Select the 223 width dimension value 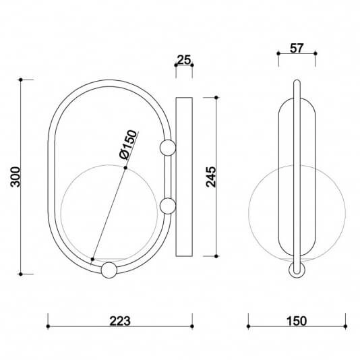pyautogui.click(x=119, y=319)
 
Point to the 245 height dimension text pyautogui.click(x=210, y=177)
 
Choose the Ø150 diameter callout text pyautogui.click(x=128, y=144)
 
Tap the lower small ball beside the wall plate pyautogui.click(x=167, y=206)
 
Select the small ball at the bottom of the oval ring pyautogui.click(x=107, y=271)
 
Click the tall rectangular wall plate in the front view pyautogui.click(x=183, y=177)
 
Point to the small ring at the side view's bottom pyautogui.click(x=297, y=270)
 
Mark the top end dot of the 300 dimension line pyautogui.click(x=22, y=80)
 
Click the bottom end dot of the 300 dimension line pyautogui.click(x=22, y=274)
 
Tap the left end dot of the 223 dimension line pyautogui.click(x=48, y=328)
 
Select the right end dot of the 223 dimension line pyautogui.click(x=192, y=328)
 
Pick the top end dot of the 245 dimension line pyautogui.click(x=216, y=97)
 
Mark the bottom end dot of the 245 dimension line pyautogui.click(x=216, y=256)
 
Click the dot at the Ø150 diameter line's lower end pyautogui.click(x=92, y=258)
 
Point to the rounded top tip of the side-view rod pyautogui.click(x=297, y=82)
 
